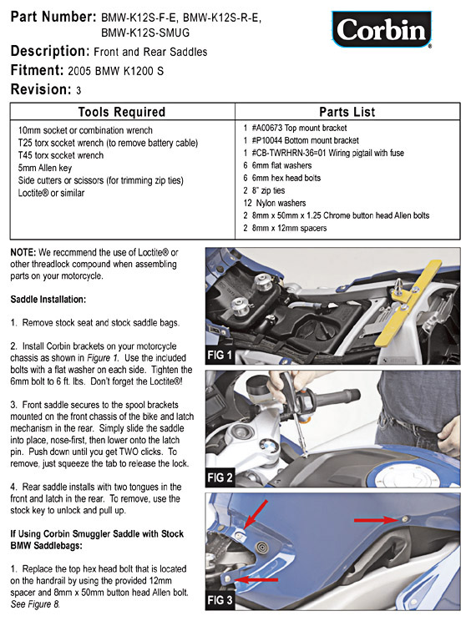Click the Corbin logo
pyautogui.click(x=382, y=29)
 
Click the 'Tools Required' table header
pyautogui.click(x=122, y=112)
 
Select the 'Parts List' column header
pyautogui.click(x=347, y=112)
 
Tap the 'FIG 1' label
pyautogui.click(x=220, y=355)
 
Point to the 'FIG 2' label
pyautogui.click(x=220, y=477)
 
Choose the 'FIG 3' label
pyautogui.click(x=220, y=600)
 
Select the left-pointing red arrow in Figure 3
pyautogui.click(x=256, y=580)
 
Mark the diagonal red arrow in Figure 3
pyautogui.click(x=256, y=514)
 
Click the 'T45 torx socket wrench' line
pyautogui.click(x=61, y=155)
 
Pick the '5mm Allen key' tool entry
pyautogui.click(x=45, y=168)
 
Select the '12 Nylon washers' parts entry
pyautogui.click(x=275, y=203)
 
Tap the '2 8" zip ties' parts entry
pyautogui.click(x=264, y=190)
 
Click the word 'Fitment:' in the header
pyautogui.click(x=37, y=70)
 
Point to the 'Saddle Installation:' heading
pyautogui.click(x=48, y=300)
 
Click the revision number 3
pyautogui.click(x=78, y=91)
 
